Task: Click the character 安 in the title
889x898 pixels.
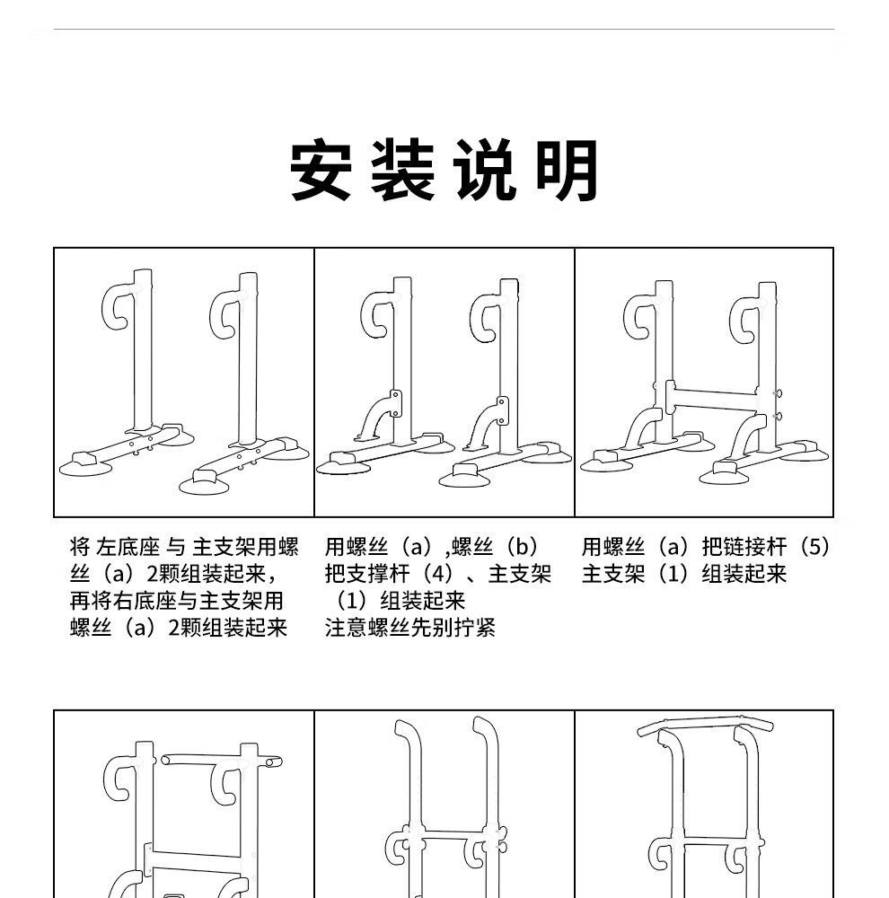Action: [x=321, y=170]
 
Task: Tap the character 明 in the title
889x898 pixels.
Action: [x=568, y=170]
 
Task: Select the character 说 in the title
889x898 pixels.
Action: [x=485, y=170]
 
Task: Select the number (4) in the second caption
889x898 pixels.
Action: [x=439, y=574]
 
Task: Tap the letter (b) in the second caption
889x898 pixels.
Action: [x=521, y=547]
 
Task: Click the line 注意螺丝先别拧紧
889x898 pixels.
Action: [x=410, y=628]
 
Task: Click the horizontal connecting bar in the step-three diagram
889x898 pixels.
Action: [x=714, y=399]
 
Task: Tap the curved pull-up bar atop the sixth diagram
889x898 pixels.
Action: [x=707, y=724]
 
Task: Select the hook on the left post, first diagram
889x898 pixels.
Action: [x=119, y=305]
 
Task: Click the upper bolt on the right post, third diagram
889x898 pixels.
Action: [x=777, y=393]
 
